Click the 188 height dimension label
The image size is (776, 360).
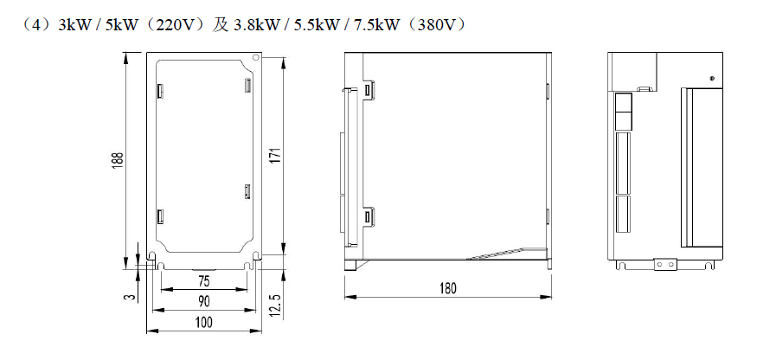coord(119,160)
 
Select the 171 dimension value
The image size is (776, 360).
coord(277,156)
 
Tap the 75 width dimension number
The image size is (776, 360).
coord(204,281)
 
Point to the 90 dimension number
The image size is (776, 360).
coord(204,301)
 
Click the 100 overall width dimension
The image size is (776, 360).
coord(204,323)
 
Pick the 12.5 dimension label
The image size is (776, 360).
coord(276,305)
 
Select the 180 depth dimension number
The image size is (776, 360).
coord(448,288)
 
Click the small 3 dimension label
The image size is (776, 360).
coord(129,297)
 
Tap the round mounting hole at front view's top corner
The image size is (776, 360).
coord(256,57)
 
